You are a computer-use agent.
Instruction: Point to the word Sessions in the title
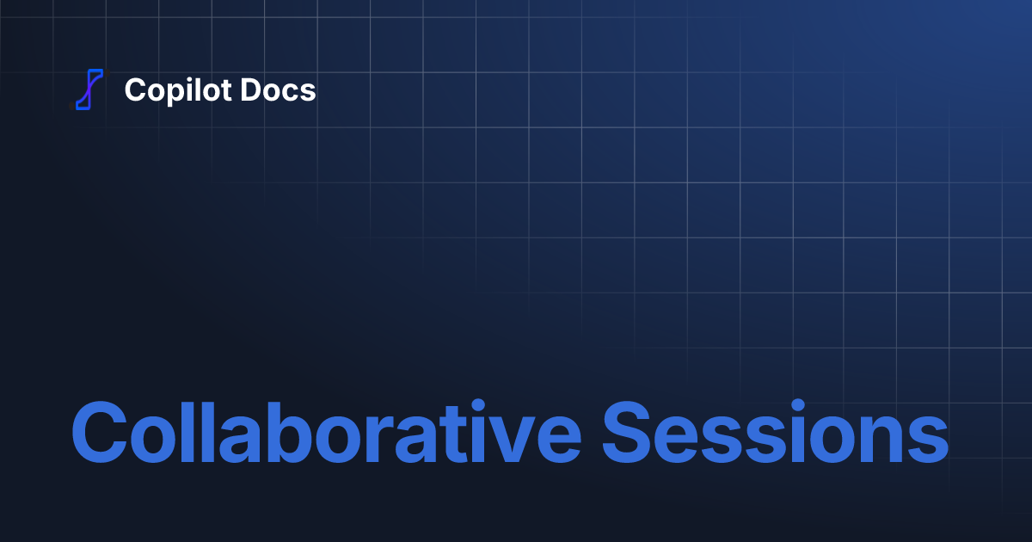[774, 432]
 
